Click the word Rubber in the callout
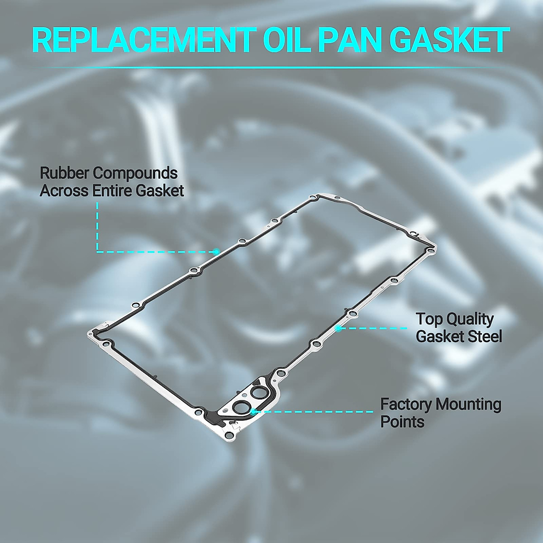[65, 173]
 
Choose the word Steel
[484, 336]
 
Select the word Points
[402, 422]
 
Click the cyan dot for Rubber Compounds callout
[216, 251]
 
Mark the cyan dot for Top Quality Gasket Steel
[338, 328]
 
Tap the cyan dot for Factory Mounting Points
[253, 412]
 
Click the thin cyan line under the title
[271, 67]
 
